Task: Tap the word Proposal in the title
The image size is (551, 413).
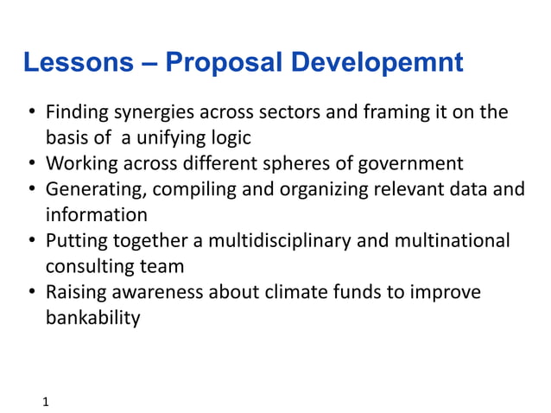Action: click(x=224, y=63)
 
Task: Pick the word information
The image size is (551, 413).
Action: click(x=97, y=214)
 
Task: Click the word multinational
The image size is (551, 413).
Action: click(x=455, y=240)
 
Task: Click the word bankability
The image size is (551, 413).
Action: click(x=92, y=317)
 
